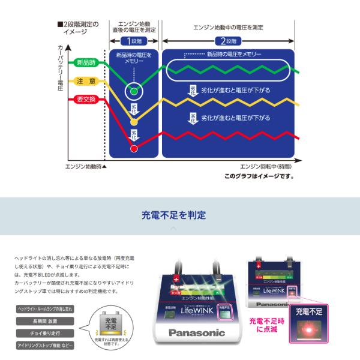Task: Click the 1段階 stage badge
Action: pyautogui.click(x=134, y=41)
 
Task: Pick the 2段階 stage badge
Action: pyautogui.click(x=229, y=41)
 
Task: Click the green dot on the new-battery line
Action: pyautogui.click(x=134, y=91)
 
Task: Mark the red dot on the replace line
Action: pyautogui.click(x=134, y=148)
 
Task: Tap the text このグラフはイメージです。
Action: pyautogui.click(x=260, y=176)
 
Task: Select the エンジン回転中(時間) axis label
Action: pyautogui.click(x=266, y=166)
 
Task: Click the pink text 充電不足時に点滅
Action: pyautogui.click(x=267, y=325)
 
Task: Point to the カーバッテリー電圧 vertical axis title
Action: pyautogui.click(x=60, y=69)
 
